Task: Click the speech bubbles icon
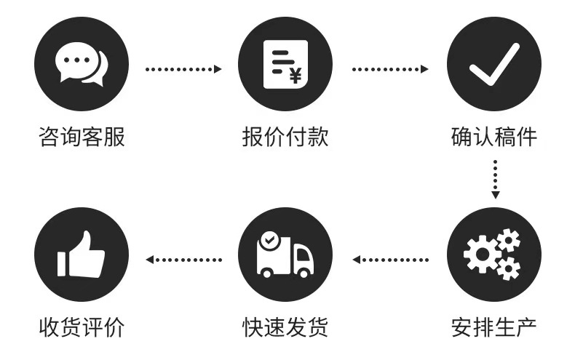pyautogui.click(x=82, y=65)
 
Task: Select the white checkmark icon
pyautogui.click(x=493, y=65)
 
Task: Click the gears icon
pyautogui.click(x=493, y=255)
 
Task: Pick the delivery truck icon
pyautogui.click(x=285, y=255)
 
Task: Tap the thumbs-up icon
pyautogui.click(x=82, y=254)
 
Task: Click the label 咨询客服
pyautogui.click(x=82, y=136)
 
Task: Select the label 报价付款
pyautogui.click(x=285, y=136)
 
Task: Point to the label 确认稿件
pyautogui.click(x=494, y=136)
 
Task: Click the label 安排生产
pyautogui.click(x=494, y=327)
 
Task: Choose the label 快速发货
pyautogui.click(x=285, y=327)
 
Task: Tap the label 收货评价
pyautogui.click(x=82, y=327)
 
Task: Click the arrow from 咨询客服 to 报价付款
pyautogui.click(x=183, y=70)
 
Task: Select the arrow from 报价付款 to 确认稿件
pyautogui.click(x=389, y=70)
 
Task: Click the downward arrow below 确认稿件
pyautogui.click(x=495, y=178)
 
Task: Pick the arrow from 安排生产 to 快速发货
pyautogui.click(x=389, y=259)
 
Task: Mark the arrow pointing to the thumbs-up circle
pyautogui.click(x=183, y=259)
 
